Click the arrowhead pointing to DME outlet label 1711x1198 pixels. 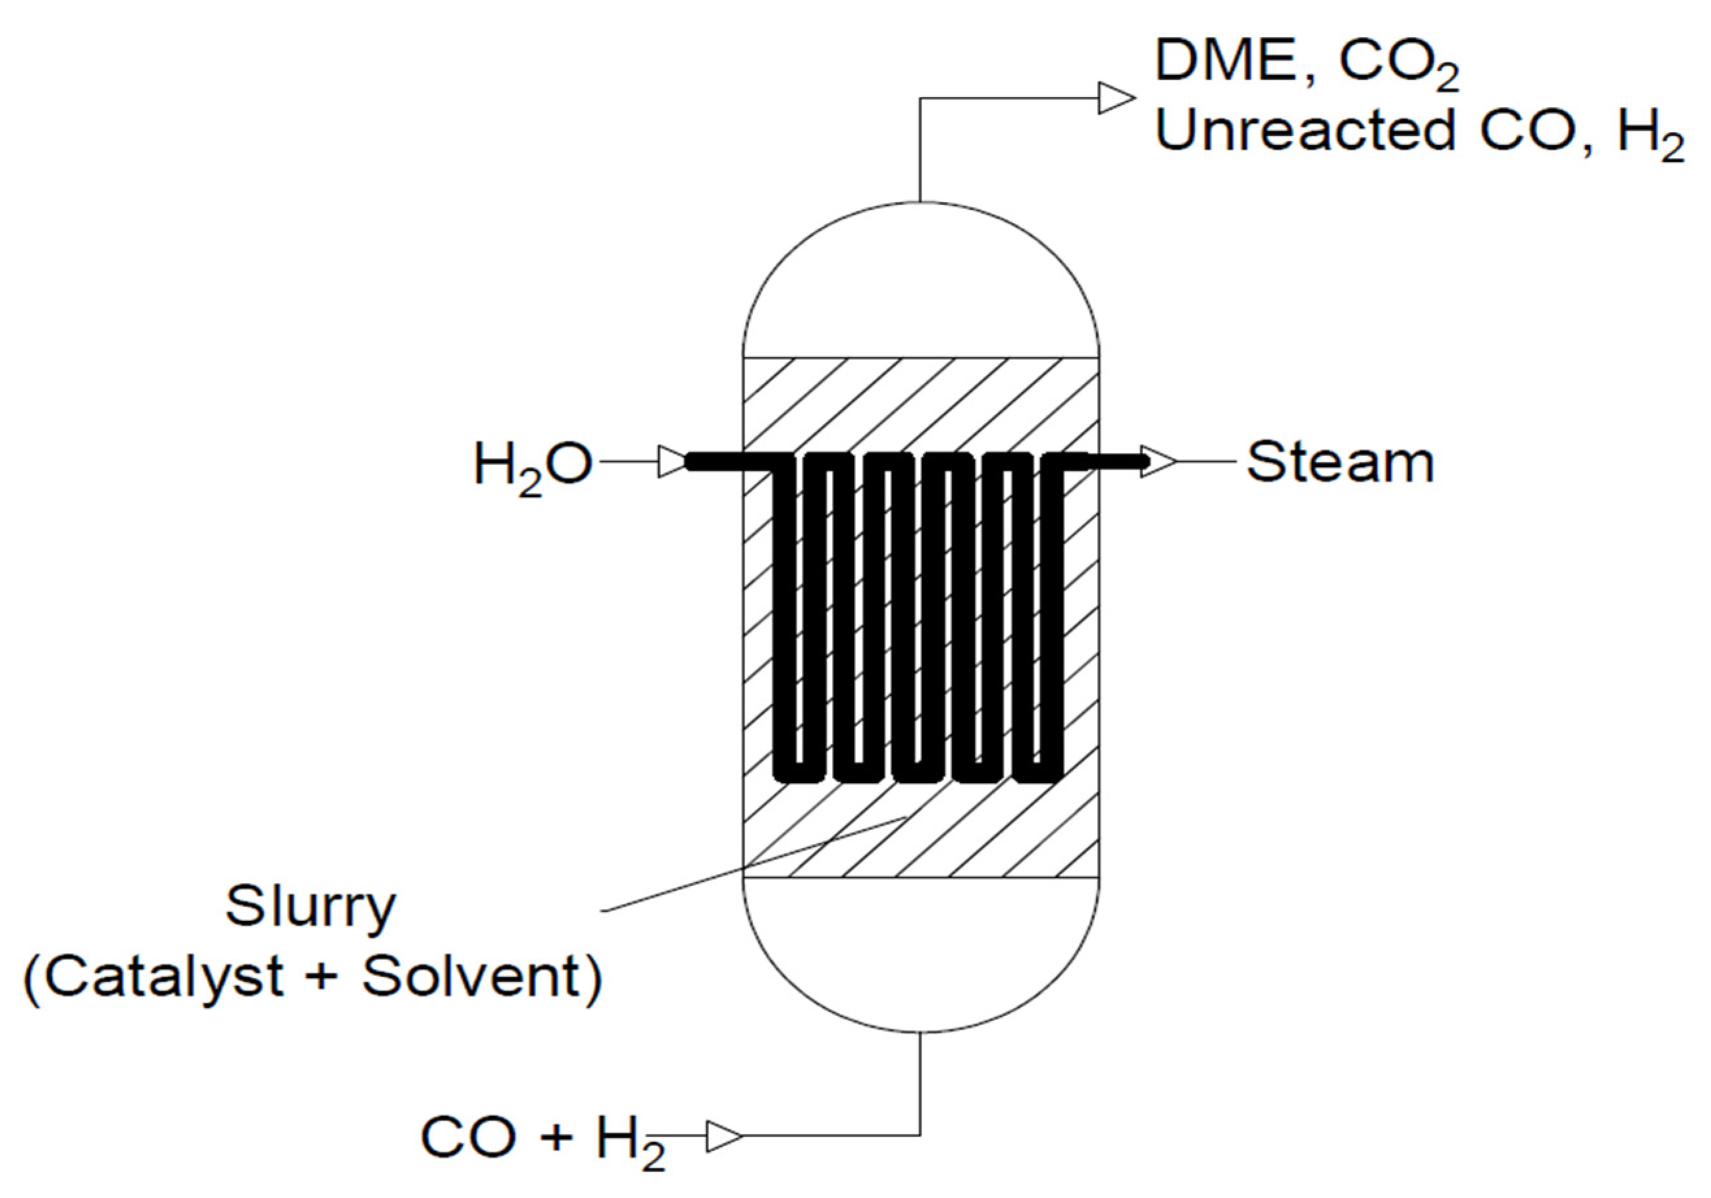1116,98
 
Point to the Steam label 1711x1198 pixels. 1340,463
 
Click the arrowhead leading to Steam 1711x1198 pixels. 1157,462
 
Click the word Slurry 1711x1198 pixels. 311,908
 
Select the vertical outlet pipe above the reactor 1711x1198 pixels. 920,149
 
